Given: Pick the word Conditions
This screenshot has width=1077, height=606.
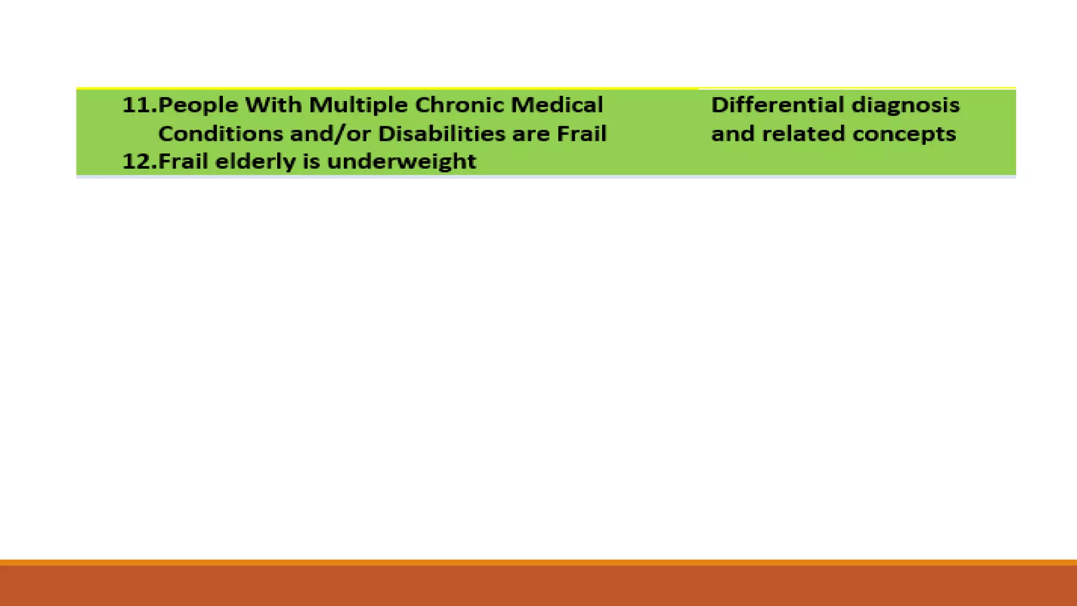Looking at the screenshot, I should pyautogui.click(x=220, y=134).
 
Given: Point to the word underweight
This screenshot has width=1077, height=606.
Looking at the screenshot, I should pyautogui.click(x=401, y=161).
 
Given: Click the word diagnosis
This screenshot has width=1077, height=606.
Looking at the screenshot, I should pyautogui.click(x=906, y=105).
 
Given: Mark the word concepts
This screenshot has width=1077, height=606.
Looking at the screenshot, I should pyautogui.click(x=904, y=134).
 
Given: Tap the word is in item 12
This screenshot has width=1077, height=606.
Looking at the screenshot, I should pyautogui.click(x=311, y=161).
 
